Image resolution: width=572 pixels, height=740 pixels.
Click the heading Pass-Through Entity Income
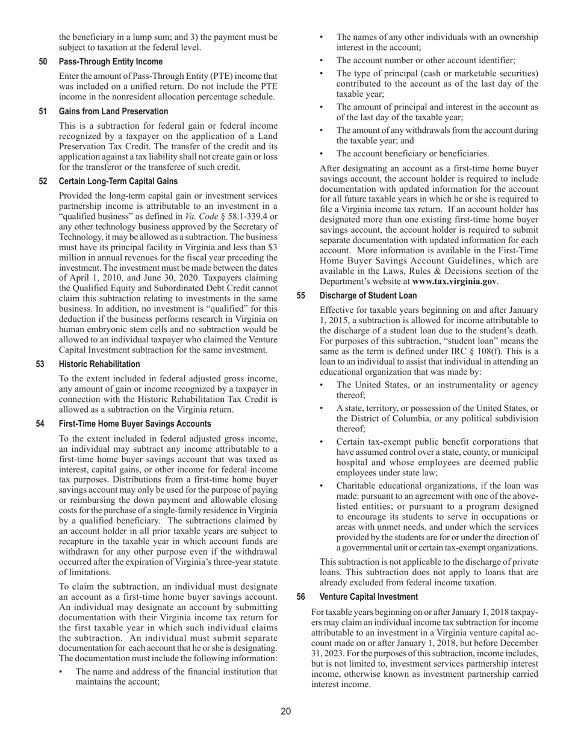pyautogui.click(x=111, y=61)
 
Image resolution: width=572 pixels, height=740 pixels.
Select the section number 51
pyautogui.click(x=43, y=111)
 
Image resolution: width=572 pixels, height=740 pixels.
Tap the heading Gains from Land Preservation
pyautogui.click(x=113, y=111)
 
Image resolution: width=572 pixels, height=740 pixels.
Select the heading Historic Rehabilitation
pyautogui.click(x=99, y=364)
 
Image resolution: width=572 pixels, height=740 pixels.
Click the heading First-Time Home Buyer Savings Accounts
pyautogui.click(x=135, y=424)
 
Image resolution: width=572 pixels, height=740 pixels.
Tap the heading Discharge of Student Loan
pyautogui.click(x=368, y=295)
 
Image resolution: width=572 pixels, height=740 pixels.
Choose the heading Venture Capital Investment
pyautogui.click(x=368, y=597)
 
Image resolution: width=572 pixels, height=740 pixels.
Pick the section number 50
pyautogui.click(x=43, y=61)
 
